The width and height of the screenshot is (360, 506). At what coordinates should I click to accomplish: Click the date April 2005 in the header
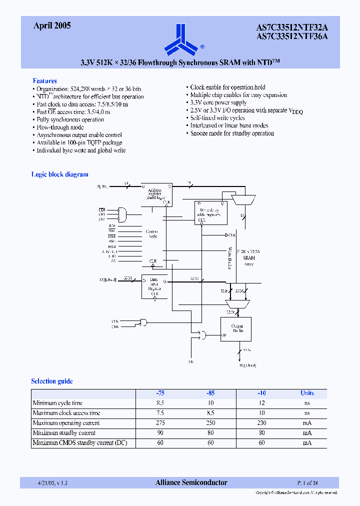tap(52, 26)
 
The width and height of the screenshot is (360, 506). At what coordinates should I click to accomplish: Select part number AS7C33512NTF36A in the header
tap(292, 35)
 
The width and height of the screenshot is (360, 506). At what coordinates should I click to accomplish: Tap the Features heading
tap(44, 80)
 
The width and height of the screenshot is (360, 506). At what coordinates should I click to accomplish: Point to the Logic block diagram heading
tap(59, 174)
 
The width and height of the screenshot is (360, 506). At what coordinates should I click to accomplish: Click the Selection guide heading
tap(52, 381)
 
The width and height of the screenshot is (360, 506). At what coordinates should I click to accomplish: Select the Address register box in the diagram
tap(156, 194)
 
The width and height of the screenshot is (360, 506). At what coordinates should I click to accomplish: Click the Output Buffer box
tap(236, 329)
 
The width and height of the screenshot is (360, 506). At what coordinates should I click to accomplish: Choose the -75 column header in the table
tap(160, 393)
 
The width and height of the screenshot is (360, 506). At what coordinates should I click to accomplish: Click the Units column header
tap(307, 393)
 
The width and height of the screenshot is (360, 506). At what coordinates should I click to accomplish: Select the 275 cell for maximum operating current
tap(160, 423)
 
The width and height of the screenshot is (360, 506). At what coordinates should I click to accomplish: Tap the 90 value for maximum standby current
tap(160, 433)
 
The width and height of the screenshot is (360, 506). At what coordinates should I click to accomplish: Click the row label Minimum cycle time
tap(57, 403)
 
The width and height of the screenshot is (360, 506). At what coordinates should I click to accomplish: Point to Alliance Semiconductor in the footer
tap(191, 482)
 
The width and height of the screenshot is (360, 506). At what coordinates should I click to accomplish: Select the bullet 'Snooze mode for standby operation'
tap(232, 133)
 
